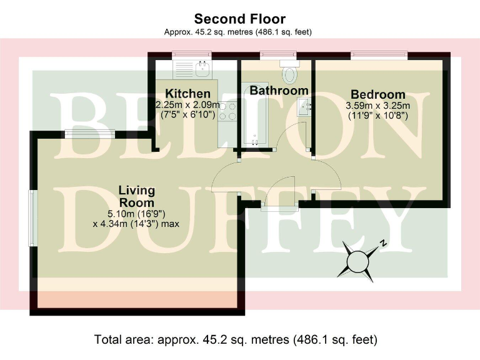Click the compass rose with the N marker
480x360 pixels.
pyautogui.click(x=358, y=259)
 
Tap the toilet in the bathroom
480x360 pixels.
pyautogui.click(x=290, y=74)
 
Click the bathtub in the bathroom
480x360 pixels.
pyautogui.click(x=253, y=119)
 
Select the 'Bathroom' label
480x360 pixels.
pyautogui.click(x=279, y=91)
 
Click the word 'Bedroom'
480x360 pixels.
pyautogui.click(x=377, y=94)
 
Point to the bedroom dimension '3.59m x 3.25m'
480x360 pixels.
pyautogui.click(x=377, y=106)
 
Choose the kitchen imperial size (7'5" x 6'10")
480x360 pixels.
pyautogui.click(x=187, y=116)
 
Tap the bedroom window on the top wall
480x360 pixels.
pyautogui.click(x=379, y=56)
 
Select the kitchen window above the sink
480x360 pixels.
pyautogui.click(x=192, y=55)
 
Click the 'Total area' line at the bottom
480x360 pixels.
pyautogui.click(x=236, y=341)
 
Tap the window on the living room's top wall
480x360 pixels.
pyautogui.click(x=89, y=133)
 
